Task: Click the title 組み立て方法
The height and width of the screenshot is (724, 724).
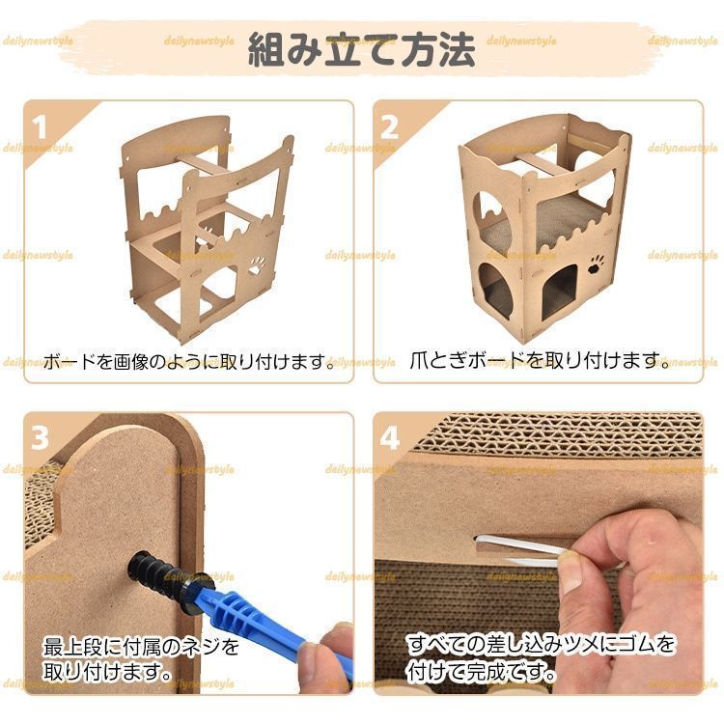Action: tap(361, 49)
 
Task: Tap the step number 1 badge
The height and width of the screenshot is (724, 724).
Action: tap(41, 127)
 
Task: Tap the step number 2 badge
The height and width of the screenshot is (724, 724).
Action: tap(390, 127)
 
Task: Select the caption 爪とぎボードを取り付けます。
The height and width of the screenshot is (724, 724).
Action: tap(540, 362)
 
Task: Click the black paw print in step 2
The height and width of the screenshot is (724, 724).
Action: tap(598, 264)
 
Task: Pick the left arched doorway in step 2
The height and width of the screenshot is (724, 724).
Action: tap(498, 289)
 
